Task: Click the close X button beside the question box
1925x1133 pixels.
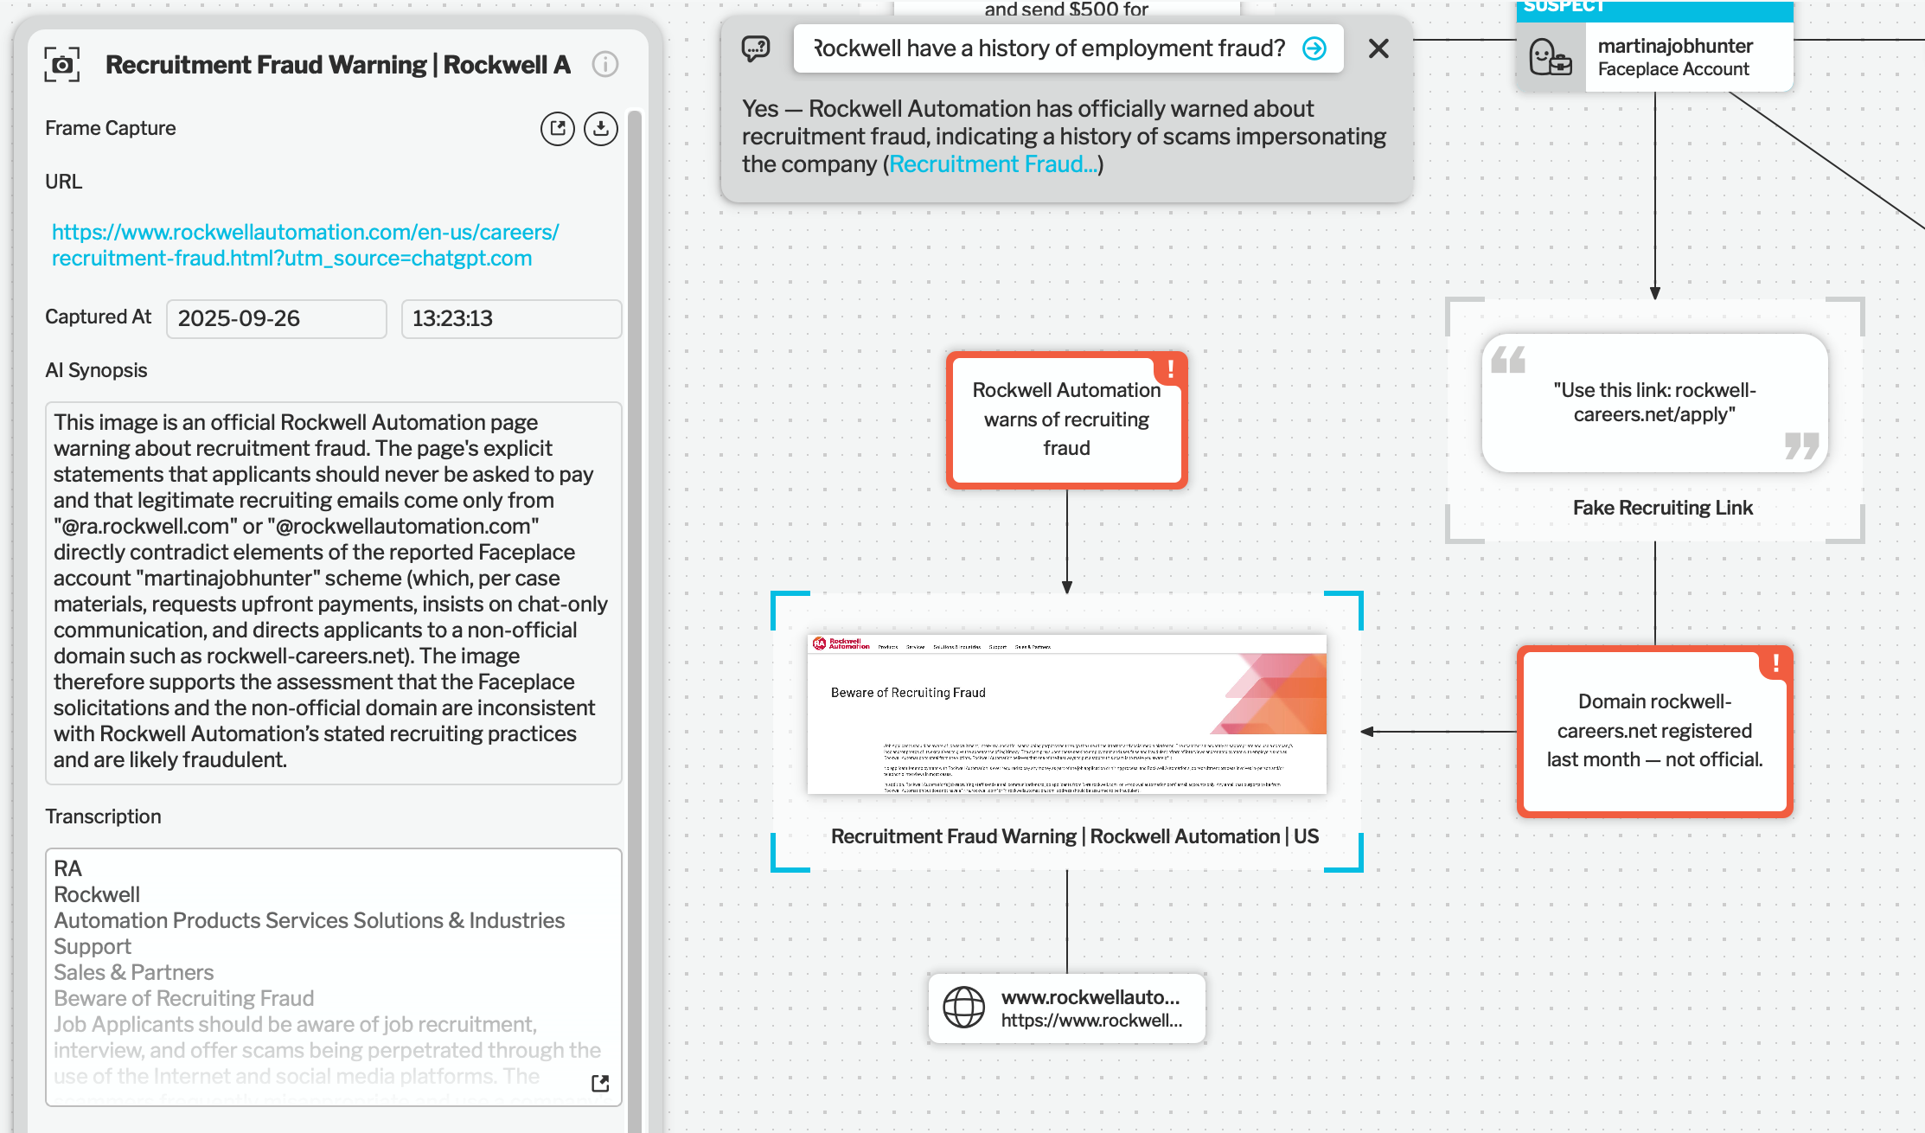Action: coord(1378,48)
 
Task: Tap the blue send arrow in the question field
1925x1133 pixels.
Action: coord(1314,48)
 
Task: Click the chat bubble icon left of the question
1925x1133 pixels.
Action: coord(756,48)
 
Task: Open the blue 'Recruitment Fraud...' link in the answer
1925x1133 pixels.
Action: coord(993,164)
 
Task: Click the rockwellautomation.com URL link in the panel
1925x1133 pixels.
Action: coord(304,245)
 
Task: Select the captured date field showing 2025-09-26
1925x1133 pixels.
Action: coord(276,318)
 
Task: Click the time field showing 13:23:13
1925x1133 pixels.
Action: coord(510,318)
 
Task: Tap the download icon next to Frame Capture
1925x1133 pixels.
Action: coord(600,129)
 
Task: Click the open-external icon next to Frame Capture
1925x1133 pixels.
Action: coord(558,129)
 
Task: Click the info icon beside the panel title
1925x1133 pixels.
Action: coord(605,64)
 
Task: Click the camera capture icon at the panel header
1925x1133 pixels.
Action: coord(62,65)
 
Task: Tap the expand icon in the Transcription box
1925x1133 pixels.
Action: coord(600,1083)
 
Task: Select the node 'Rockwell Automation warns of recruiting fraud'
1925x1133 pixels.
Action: coord(1066,419)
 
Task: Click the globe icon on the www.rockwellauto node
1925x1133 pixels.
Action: coord(963,1008)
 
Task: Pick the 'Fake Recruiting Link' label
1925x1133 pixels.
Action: coord(1662,508)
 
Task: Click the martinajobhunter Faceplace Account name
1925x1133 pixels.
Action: coord(1675,46)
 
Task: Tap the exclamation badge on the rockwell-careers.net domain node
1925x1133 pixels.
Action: coord(1775,663)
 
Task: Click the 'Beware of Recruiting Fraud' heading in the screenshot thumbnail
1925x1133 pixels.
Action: coord(908,693)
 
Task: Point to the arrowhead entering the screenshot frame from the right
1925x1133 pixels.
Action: coord(1368,732)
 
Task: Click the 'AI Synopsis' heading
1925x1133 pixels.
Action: coord(96,370)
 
